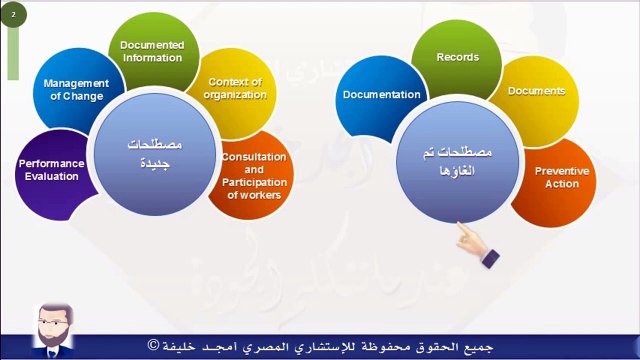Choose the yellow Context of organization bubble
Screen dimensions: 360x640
coord(237,88)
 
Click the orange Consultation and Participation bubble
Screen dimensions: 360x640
coord(254,175)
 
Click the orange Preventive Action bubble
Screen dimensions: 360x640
coord(561,178)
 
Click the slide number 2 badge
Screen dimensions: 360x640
coord(13,16)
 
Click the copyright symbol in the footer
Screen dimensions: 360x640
coord(153,345)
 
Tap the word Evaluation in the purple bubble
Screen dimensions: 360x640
coord(51,177)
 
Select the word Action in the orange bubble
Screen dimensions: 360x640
coord(562,184)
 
